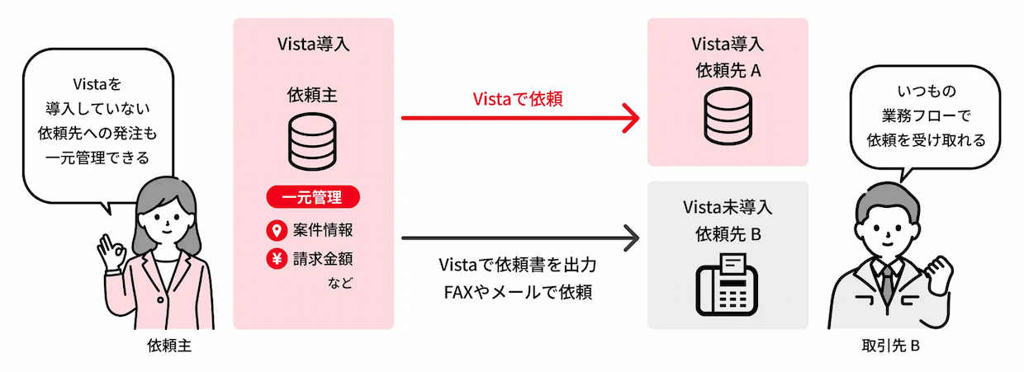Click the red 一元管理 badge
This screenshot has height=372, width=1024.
pos(313,198)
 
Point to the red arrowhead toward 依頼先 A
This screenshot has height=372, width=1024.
pos(631,118)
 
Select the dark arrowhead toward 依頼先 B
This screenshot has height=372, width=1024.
pos(631,240)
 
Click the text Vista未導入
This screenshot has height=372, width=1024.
pos(728,206)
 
